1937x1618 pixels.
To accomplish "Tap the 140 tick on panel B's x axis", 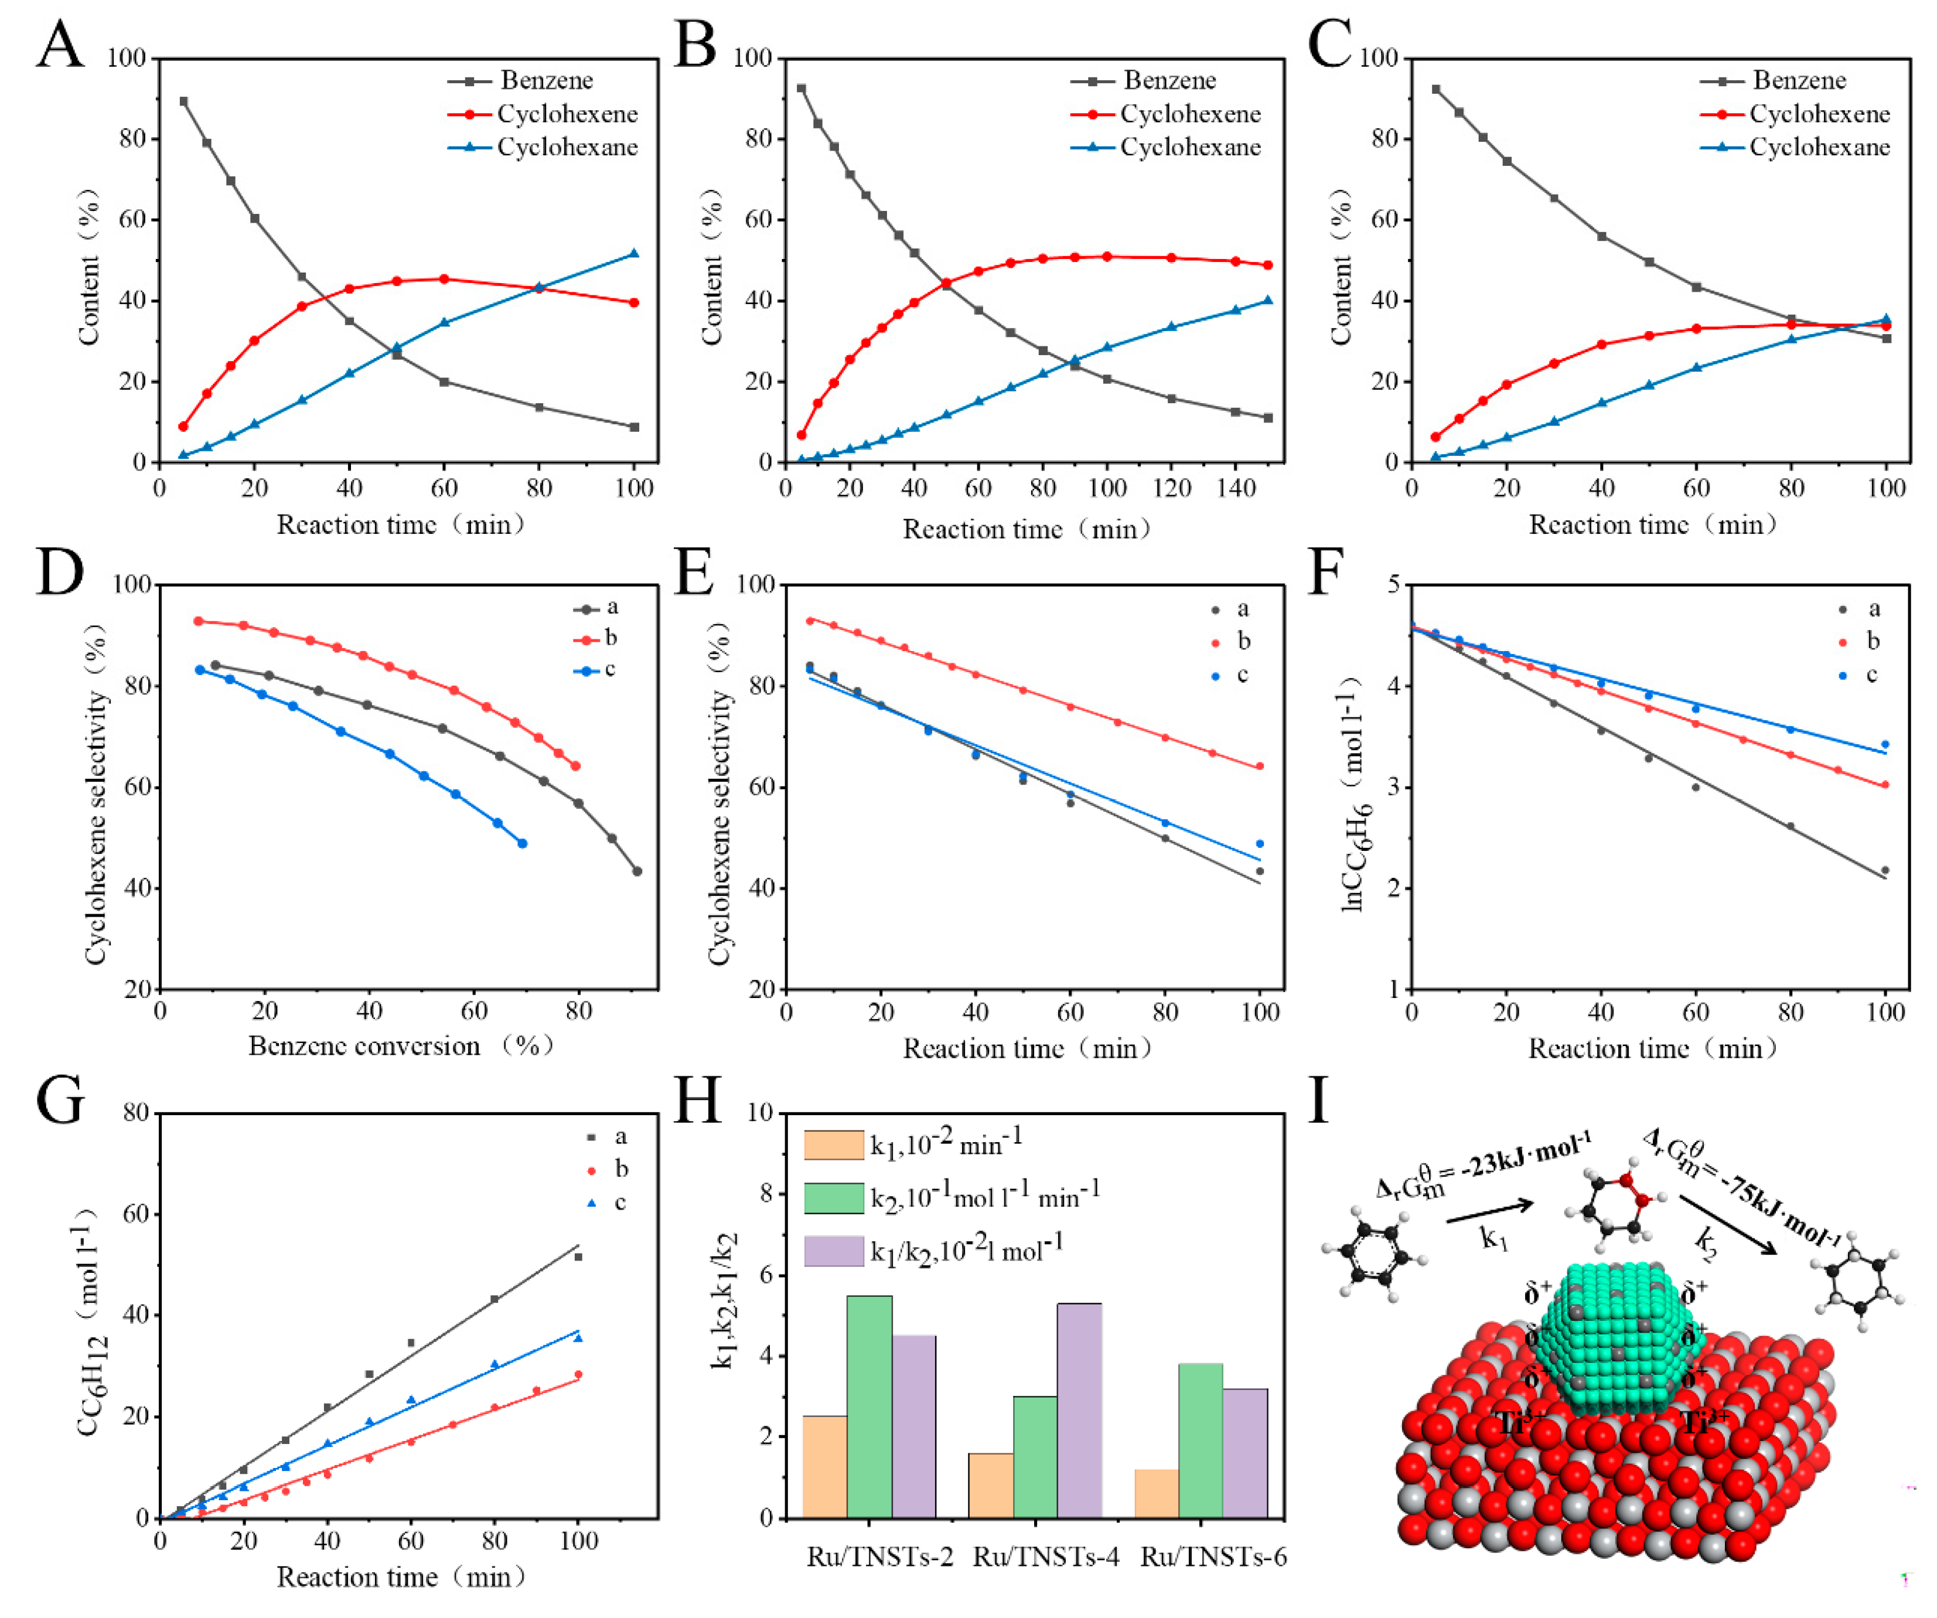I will point(1236,488).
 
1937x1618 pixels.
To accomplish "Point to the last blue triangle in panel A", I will point(634,253).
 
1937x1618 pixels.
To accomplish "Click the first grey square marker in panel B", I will point(800,88).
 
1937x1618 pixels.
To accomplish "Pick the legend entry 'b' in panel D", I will point(610,638).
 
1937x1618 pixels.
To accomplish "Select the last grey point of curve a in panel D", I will point(636,871).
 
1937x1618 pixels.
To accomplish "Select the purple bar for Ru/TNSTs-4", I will point(1079,1411).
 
